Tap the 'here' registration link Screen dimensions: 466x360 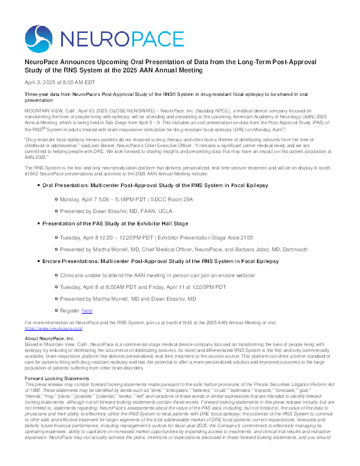[x=87, y=310]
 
